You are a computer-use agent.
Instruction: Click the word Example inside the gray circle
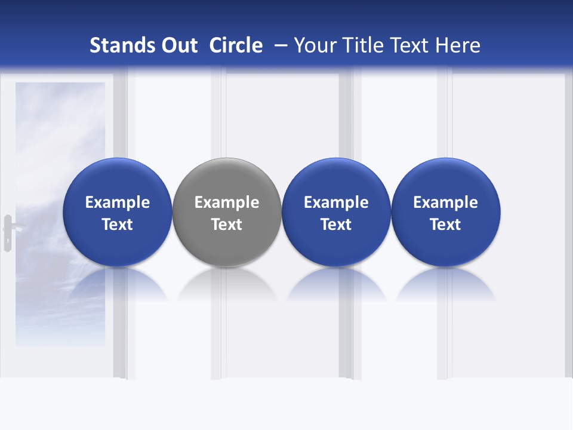click(x=227, y=202)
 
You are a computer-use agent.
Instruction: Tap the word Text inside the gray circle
click(x=227, y=225)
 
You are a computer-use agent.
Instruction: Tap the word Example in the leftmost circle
click(x=118, y=202)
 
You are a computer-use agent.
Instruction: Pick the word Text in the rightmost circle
click(x=445, y=225)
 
